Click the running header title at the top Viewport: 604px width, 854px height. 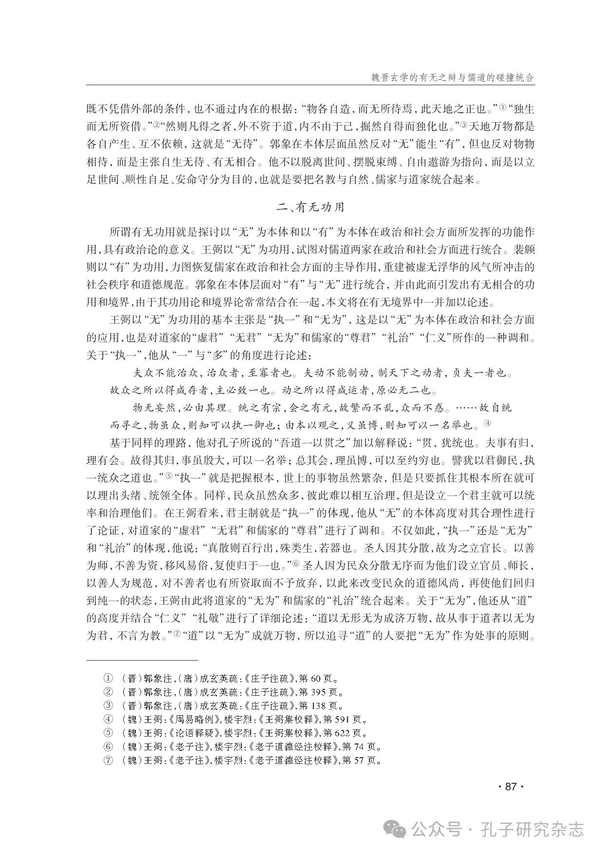tap(446, 77)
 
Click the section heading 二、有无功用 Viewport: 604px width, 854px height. tap(310, 206)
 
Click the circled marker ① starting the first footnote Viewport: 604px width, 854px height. tap(108, 678)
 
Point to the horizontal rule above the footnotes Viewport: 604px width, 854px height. tap(142, 660)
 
